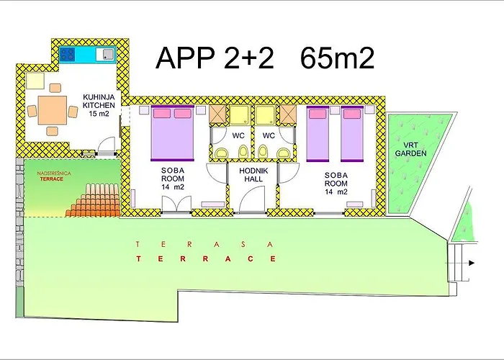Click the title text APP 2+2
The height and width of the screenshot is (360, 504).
(x=215, y=57)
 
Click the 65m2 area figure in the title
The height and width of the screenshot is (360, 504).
(x=338, y=57)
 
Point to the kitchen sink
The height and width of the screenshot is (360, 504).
(x=104, y=53)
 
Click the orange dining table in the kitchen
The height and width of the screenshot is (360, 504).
(x=52, y=110)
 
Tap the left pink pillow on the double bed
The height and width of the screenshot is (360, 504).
(x=161, y=113)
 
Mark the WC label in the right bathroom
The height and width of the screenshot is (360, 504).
(x=269, y=135)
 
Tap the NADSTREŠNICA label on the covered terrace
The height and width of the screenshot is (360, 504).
(x=55, y=174)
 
